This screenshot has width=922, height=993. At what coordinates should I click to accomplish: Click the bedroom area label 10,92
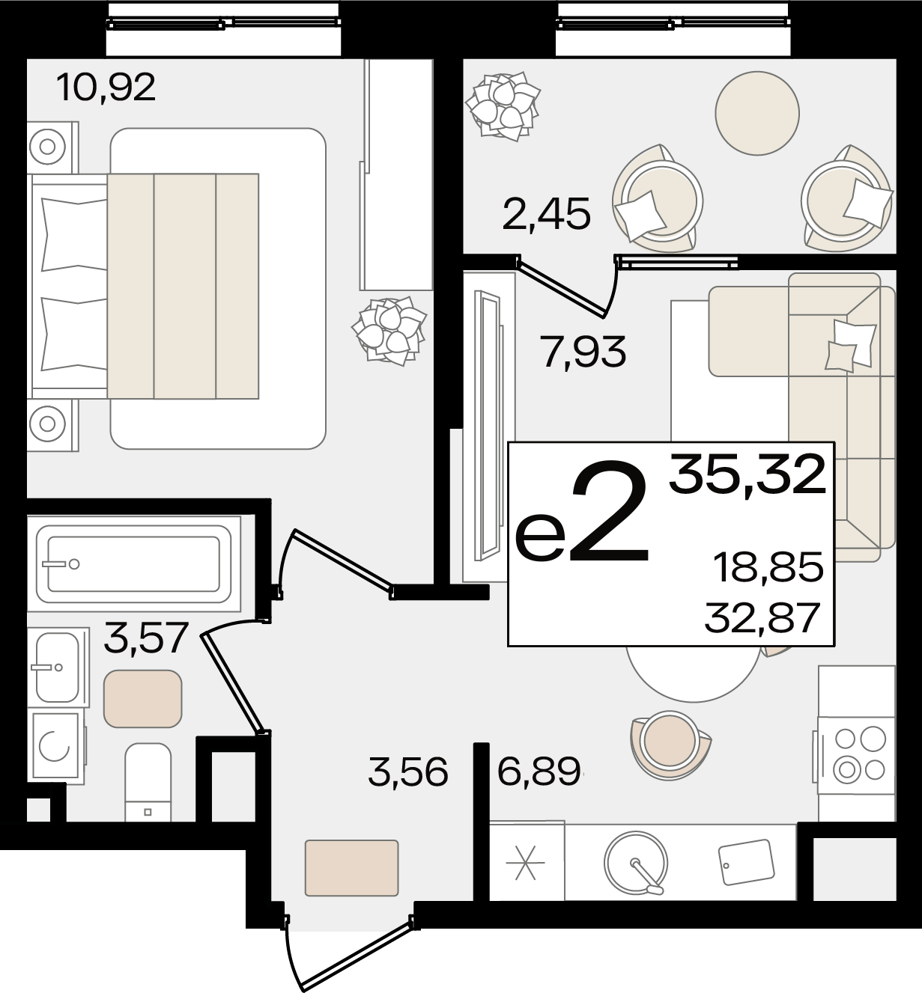pyautogui.click(x=106, y=87)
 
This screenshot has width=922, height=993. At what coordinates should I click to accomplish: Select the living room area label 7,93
pyautogui.click(x=583, y=352)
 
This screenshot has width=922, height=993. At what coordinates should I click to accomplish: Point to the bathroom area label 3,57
pyautogui.click(x=145, y=638)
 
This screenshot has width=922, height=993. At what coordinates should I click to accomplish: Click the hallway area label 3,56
pyautogui.click(x=408, y=772)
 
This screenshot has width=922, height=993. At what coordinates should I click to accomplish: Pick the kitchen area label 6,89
pyautogui.click(x=539, y=772)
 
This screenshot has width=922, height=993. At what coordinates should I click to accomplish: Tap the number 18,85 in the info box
pyautogui.click(x=768, y=567)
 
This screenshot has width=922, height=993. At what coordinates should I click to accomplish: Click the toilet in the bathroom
pyautogui.click(x=148, y=783)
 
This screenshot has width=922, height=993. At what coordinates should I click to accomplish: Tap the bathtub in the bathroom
pyautogui.click(x=133, y=564)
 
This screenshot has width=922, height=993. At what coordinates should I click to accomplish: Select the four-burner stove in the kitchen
pyautogui.click(x=856, y=754)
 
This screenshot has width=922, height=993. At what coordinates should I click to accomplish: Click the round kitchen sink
pyautogui.click(x=636, y=864)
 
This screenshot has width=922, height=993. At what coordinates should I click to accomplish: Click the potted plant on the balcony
pyautogui.click(x=503, y=106)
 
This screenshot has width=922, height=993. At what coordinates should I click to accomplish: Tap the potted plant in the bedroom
pyautogui.click(x=389, y=331)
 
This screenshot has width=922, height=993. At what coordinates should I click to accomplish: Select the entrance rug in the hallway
pyautogui.click(x=352, y=867)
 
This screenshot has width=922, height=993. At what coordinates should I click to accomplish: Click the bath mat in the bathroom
pyautogui.click(x=142, y=698)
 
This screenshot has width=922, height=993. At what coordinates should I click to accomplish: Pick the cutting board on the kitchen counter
pyautogui.click(x=746, y=862)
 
